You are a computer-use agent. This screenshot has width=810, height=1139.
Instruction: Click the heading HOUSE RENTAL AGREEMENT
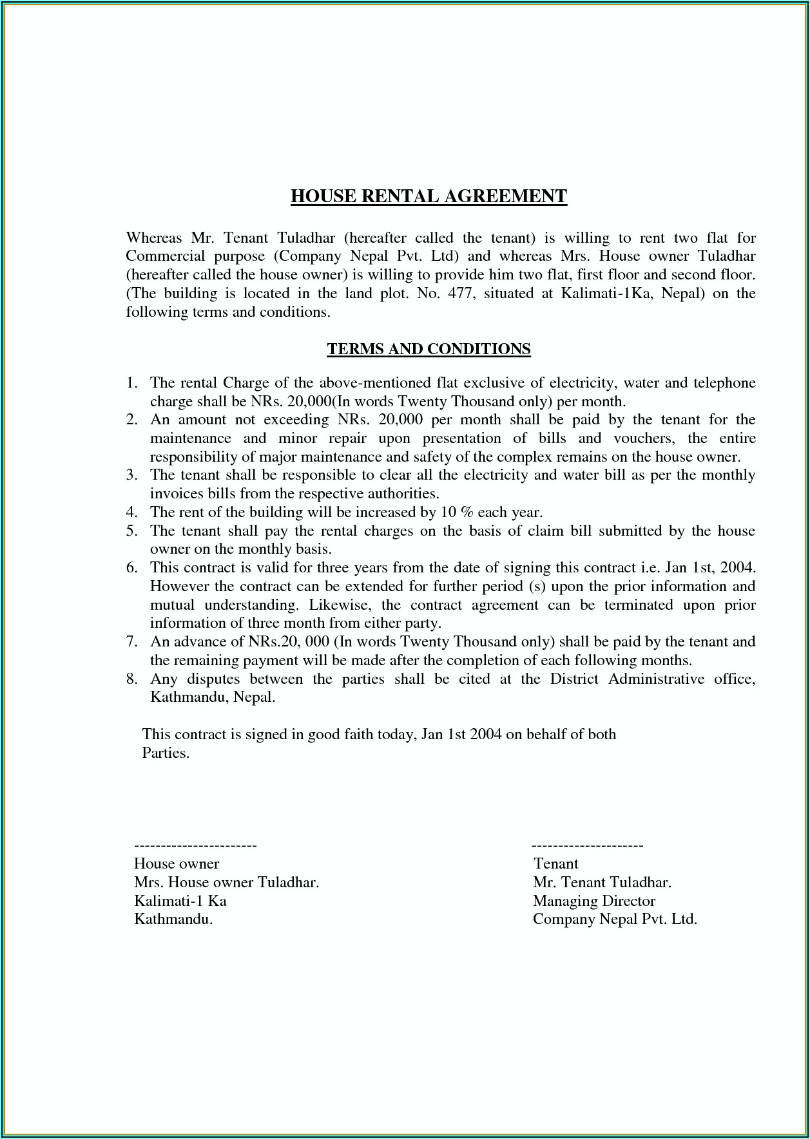(x=429, y=196)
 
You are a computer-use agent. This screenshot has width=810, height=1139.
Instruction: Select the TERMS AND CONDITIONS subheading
(x=429, y=349)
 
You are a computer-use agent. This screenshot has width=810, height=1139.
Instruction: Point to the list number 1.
(x=131, y=383)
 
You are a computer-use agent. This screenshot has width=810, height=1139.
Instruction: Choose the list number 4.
(x=131, y=513)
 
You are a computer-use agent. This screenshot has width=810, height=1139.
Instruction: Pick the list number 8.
(x=131, y=679)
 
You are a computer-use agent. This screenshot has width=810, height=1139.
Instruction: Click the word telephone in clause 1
(x=724, y=383)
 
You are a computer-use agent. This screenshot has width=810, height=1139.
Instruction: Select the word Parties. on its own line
(x=166, y=753)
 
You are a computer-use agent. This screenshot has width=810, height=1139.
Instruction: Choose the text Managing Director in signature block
(x=594, y=901)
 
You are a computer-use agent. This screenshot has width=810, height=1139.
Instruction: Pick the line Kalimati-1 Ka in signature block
(x=180, y=901)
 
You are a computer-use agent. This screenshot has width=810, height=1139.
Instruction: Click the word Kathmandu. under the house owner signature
(x=173, y=919)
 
